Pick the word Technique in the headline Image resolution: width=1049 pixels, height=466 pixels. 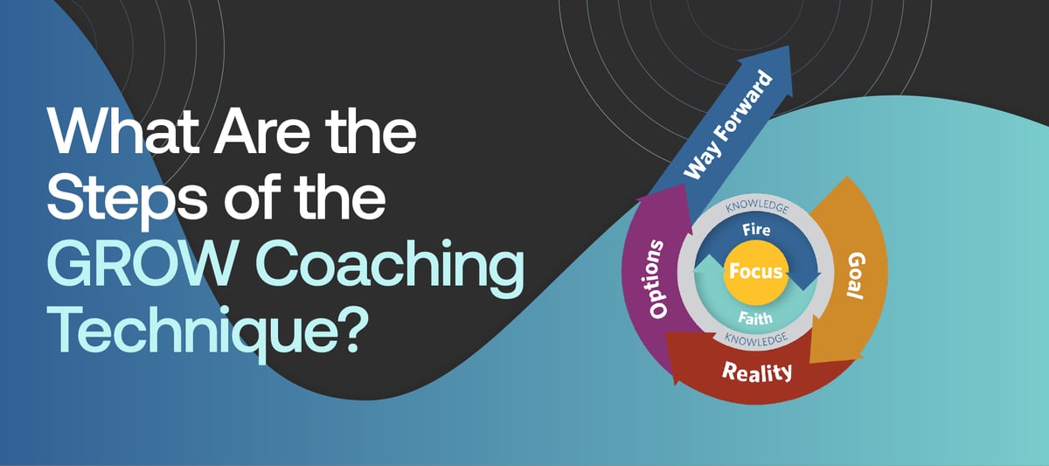click(192, 332)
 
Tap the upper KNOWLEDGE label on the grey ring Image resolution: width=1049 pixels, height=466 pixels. click(757, 210)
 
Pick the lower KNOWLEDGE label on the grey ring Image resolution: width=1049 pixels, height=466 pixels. click(757, 336)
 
